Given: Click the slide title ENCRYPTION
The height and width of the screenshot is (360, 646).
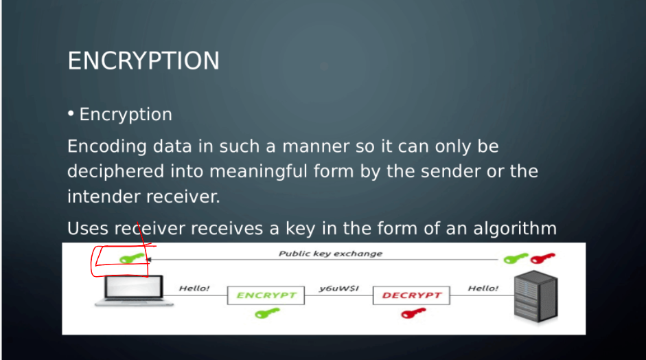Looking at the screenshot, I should [143, 60].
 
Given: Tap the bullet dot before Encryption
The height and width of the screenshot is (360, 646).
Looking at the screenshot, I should [71, 113].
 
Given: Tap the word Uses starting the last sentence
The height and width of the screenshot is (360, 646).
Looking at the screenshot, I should [88, 228].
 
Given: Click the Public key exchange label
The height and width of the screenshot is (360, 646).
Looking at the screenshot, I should [330, 254].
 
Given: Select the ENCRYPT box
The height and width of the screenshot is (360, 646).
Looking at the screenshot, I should [266, 295].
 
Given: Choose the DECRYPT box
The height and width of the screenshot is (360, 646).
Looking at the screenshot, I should [411, 295].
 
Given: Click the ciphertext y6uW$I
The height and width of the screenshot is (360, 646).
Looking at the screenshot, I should [339, 289].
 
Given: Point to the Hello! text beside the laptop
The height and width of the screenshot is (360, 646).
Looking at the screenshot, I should [194, 289].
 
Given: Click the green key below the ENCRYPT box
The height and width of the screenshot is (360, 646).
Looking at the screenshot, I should [266, 313].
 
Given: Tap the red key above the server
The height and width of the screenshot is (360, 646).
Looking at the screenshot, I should [542, 258].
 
